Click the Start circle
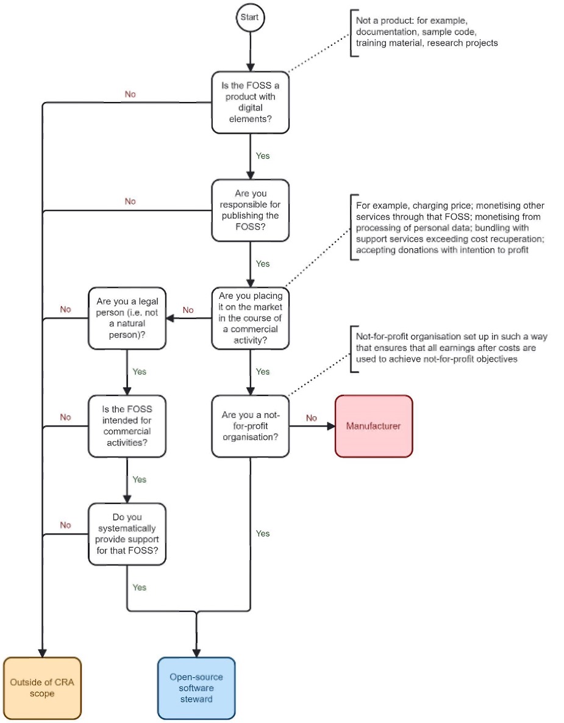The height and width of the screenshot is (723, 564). [x=250, y=18]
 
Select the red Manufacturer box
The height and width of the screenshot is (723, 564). [x=374, y=426]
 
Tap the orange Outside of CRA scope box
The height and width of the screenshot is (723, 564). [x=43, y=688]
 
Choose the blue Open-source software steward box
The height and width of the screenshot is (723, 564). [x=196, y=688]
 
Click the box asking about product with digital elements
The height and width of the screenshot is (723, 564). [x=250, y=103]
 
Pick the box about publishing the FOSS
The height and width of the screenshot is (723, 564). [x=250, y=210]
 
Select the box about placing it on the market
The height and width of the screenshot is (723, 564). [x=250, y=318]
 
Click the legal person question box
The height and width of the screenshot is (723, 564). [x=127, y=318]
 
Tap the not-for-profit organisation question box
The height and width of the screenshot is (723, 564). [x=250, y=426]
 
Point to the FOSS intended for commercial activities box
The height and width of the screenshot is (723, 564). [x=127, y=426]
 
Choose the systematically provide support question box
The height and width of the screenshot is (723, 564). [x=127, y=534]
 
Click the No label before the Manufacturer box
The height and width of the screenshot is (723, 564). [x=312, y=418]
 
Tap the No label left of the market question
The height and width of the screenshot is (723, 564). [x=188, y=310]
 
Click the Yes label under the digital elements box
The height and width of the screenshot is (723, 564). [x=263, y=156]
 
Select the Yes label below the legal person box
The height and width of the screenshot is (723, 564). [x=139, y=372]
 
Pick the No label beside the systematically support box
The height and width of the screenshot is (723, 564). [x=65, y=525]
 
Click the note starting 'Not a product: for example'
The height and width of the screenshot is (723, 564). [x=427, y=32]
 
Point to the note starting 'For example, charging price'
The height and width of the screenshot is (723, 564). [x=450, y=228]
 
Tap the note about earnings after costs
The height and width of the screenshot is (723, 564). [x=452, y=348]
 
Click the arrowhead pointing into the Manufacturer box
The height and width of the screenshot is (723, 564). [x=331, y=426]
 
